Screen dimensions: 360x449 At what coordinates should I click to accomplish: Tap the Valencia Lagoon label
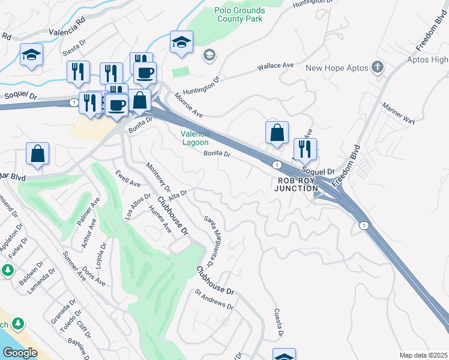(x=196, y=138)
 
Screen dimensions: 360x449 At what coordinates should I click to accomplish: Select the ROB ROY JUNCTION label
(x=297, y=184)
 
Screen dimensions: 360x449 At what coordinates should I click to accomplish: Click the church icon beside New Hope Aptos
(x=378, y=67)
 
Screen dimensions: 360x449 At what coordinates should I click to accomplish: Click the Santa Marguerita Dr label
(x=209, y=241)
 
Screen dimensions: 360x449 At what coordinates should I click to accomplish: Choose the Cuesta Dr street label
(x=278, y=322)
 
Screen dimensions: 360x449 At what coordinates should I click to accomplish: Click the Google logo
(x=20, y=352)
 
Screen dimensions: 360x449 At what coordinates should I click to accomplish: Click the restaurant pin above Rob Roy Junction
(x=305, y=149)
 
